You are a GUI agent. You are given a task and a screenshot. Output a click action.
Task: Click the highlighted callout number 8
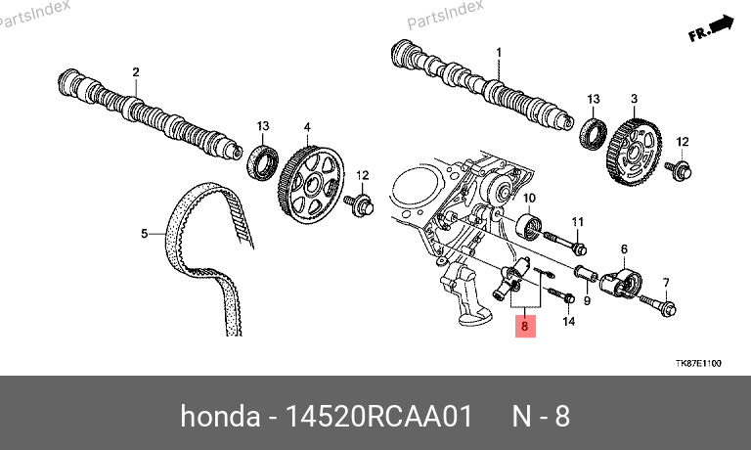[x=525, y=327]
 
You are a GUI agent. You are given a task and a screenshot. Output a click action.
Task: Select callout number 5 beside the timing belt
[x=145, y=234]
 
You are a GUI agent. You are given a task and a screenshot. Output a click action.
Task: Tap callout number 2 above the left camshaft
[x=136, y=72]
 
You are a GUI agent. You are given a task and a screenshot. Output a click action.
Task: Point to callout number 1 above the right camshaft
[x=499, y=52]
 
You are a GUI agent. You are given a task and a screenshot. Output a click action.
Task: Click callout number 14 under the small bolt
[x=568, y=321]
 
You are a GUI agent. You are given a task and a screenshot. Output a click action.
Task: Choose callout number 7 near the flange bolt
[x=666, y=283]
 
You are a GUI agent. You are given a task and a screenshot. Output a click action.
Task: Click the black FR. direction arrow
[x=711, y=28]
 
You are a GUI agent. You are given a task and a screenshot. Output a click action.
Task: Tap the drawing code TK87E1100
[x=698, y=363]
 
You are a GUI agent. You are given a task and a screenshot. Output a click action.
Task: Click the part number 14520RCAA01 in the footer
[x=378, y=416]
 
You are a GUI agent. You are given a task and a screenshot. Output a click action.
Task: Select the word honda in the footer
[x=220, y=416]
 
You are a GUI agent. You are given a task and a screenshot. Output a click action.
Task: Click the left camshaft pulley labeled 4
[x=311, y=185]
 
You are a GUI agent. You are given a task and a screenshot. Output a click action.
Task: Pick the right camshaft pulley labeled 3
[x=634, y=152]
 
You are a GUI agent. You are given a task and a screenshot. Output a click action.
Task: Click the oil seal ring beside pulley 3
[x=594, y=134]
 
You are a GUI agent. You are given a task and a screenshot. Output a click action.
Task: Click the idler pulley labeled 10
[x=529, y=228]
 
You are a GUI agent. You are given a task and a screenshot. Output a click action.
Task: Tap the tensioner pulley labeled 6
[x=622, y=284]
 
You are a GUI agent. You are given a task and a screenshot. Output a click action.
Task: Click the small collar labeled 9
[x=586, y=274]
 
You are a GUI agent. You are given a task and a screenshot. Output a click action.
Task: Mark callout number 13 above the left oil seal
[x=263, y=126]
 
